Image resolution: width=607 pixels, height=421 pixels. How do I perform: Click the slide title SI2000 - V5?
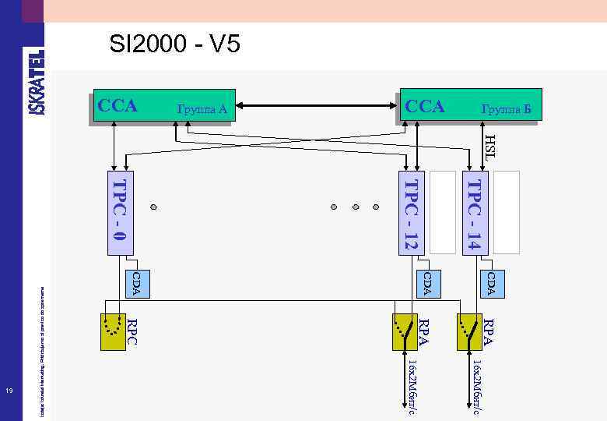click(174, 45)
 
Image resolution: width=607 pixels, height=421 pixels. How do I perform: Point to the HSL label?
click(489, 147)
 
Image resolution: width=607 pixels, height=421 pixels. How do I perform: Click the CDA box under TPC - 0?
click(135, 283)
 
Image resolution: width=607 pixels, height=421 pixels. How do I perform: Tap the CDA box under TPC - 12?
click(426, 283)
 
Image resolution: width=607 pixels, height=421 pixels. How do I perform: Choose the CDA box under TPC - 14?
click(491, 283)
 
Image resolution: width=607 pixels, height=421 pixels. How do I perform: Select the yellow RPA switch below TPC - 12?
click(405, 332)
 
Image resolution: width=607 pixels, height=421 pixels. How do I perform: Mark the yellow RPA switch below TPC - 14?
click(469, 332)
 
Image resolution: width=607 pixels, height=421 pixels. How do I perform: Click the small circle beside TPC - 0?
click(154, 208)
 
